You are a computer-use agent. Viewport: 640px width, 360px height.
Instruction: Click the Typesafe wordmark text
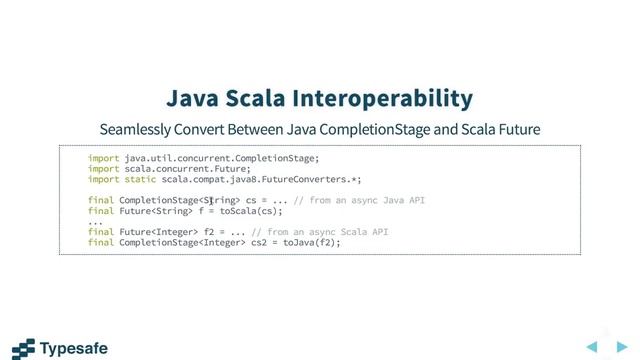click(73, 349)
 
